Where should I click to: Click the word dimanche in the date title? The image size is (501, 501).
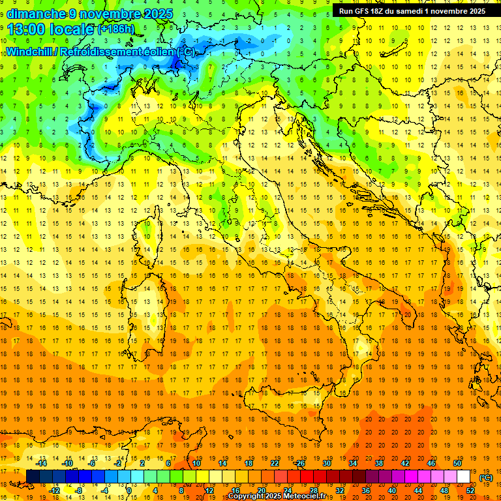pyautogui.click(x=36, y=13)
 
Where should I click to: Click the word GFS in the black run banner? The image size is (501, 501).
pyautogui.click(x=368, y=10)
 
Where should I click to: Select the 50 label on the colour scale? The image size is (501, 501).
pyautogui.click(x=457, y=463)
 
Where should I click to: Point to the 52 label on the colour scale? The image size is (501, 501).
pyautogui.click(x=470, y=490)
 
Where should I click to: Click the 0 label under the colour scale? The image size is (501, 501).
pyautogui.click(x=129, y=490)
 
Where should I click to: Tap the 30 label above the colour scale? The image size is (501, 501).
pyautogui.click(x=327, y=463)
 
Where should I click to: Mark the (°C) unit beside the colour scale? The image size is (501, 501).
pyautogui.click(x=485, y=477)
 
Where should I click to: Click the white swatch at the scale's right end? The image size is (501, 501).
pyautogui.click(x=463, y=476)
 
